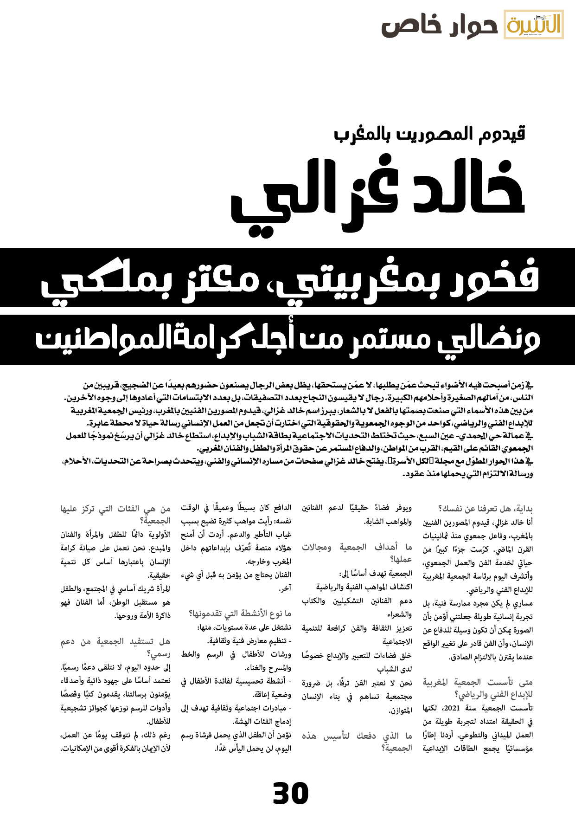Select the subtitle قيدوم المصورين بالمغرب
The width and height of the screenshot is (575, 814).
(429, 134)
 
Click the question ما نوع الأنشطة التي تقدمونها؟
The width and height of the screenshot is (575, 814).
(240, 614)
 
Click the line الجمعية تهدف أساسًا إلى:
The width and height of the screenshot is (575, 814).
(375, 574)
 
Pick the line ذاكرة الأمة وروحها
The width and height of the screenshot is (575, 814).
(142, 616)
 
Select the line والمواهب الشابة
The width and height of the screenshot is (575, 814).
(388, 522)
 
